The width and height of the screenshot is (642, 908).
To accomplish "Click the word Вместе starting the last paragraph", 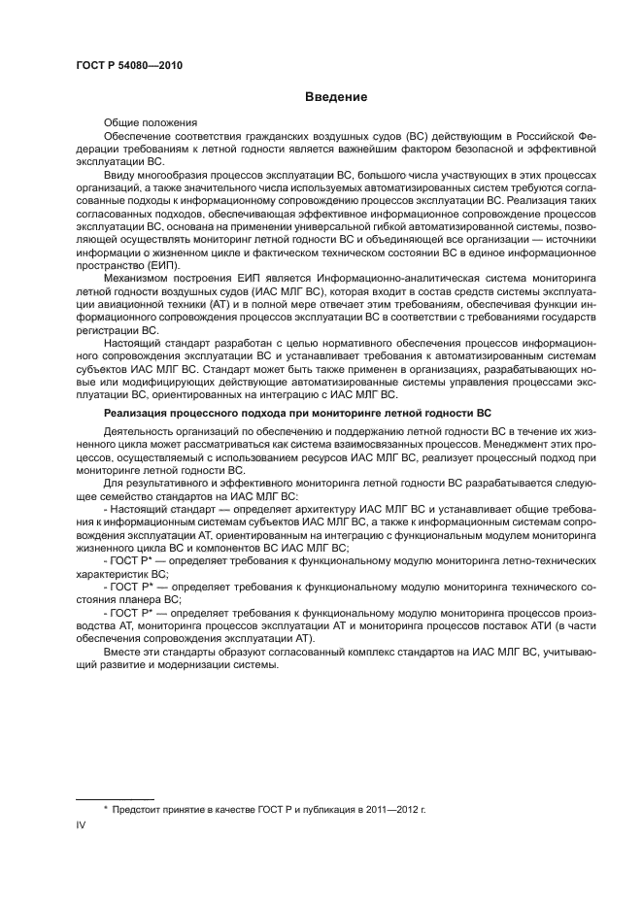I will pos(122,654).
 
